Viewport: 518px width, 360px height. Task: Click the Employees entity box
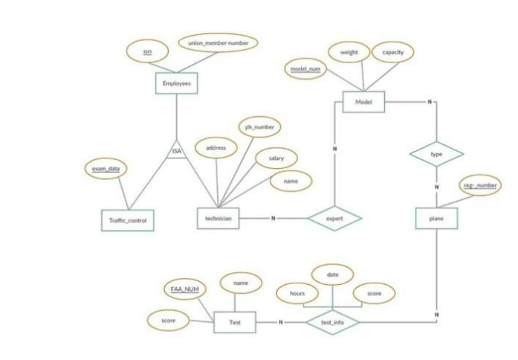pos(175,84)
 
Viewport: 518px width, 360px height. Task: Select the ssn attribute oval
pos(148,51)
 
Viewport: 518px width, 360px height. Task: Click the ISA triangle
pos(176,150)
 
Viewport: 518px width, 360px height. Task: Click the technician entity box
pos(218,218)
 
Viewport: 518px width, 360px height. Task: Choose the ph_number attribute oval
pos(259,127)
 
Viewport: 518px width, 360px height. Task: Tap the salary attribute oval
pos(276,158)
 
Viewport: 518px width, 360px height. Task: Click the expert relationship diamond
pos(334,219)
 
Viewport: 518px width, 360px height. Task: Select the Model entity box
pos(363,101)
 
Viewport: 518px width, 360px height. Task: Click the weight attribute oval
pos(349,53)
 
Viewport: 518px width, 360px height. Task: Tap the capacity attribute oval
pos(392,53)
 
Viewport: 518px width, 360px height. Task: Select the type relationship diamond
pos(436,154)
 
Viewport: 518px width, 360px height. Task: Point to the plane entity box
pos(436,218)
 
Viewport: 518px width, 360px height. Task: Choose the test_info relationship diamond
pos(331,322)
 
